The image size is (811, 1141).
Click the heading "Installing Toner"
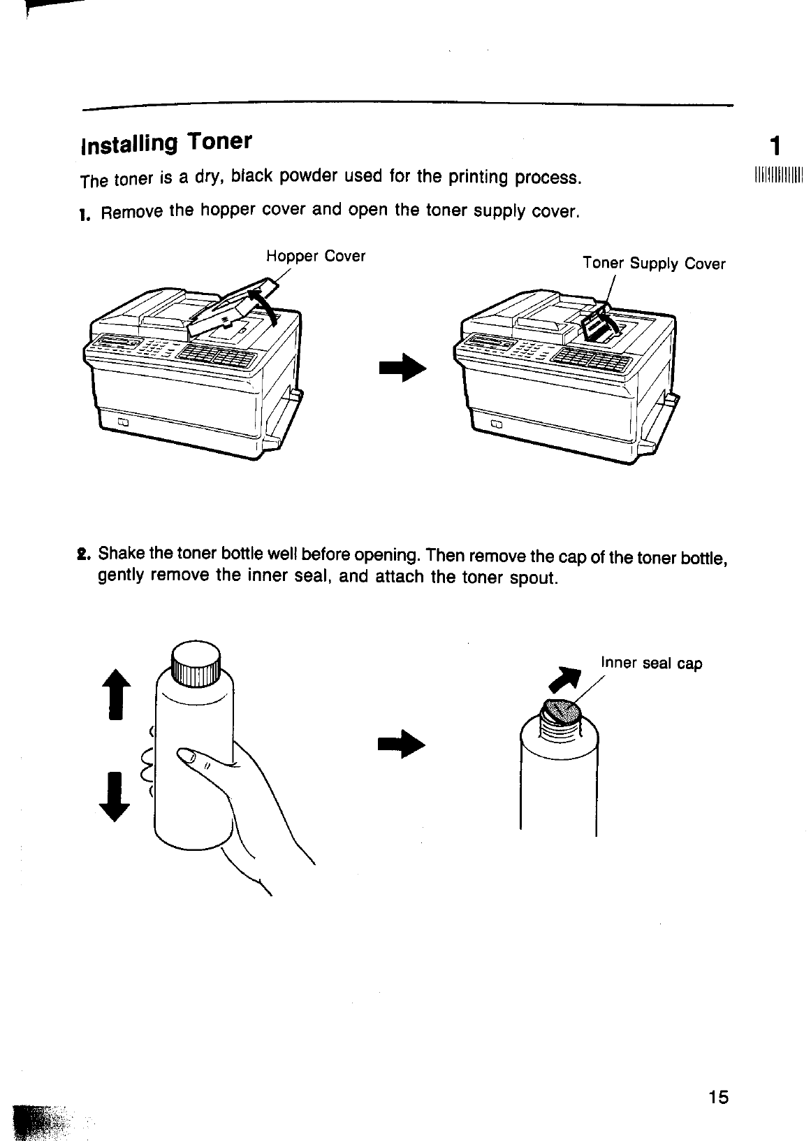[166, 143]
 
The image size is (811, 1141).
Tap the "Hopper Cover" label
[316, 256]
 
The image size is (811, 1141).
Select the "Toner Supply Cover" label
[654, 264]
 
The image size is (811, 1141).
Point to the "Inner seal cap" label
[651, 663]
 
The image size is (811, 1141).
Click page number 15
[717, 1097]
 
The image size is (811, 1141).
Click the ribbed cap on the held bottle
[196, 663]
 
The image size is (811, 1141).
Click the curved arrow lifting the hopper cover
[263, 303]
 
